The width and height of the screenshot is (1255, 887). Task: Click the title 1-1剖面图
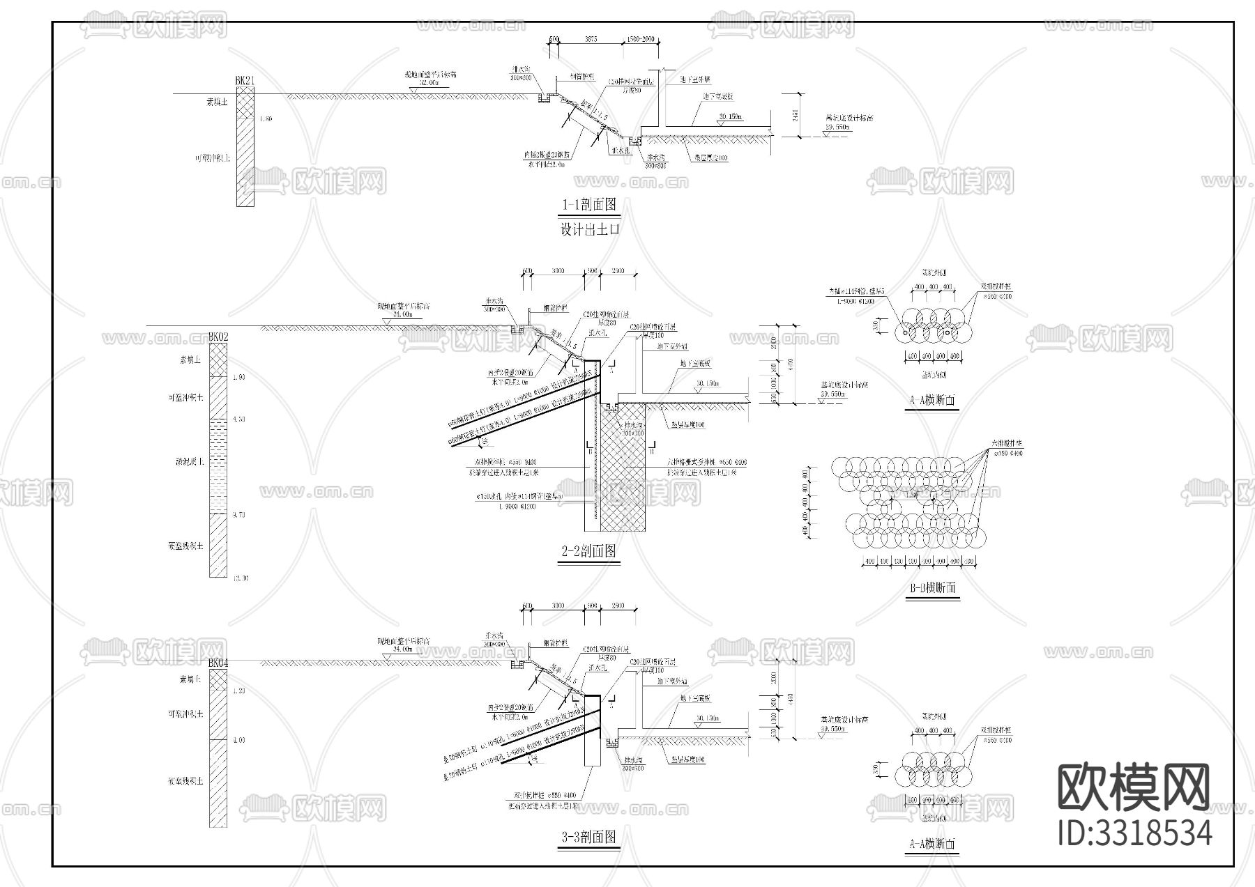click(x=589, y=205)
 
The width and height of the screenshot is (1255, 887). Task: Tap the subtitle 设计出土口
click(x=590, y=229)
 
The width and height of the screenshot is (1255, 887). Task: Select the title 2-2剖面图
click(x=589, y=551)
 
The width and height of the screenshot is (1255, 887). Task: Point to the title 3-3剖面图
click(x=589, y=837)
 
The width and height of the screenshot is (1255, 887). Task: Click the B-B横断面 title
click(x=933, y=588)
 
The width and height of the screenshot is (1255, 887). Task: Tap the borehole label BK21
click(x=245, y=81)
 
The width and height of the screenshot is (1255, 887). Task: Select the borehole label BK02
click(x=218, y=337)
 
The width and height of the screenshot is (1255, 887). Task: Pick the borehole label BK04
click(x=218, y=663)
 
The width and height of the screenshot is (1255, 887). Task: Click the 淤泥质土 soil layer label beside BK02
click(x=189, y=461)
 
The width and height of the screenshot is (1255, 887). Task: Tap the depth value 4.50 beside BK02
click(x=238, y=419)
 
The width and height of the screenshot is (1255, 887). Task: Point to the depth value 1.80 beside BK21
click(x=266, y=119)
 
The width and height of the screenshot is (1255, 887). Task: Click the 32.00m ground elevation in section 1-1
click(x=429, y=83)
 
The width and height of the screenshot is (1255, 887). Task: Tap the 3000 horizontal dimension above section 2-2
click(x=558, y=271)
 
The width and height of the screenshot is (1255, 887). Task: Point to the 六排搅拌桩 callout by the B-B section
click(x=1007, y=443)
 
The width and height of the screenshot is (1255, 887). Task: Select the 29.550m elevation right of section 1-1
click(x=837, y=128)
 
